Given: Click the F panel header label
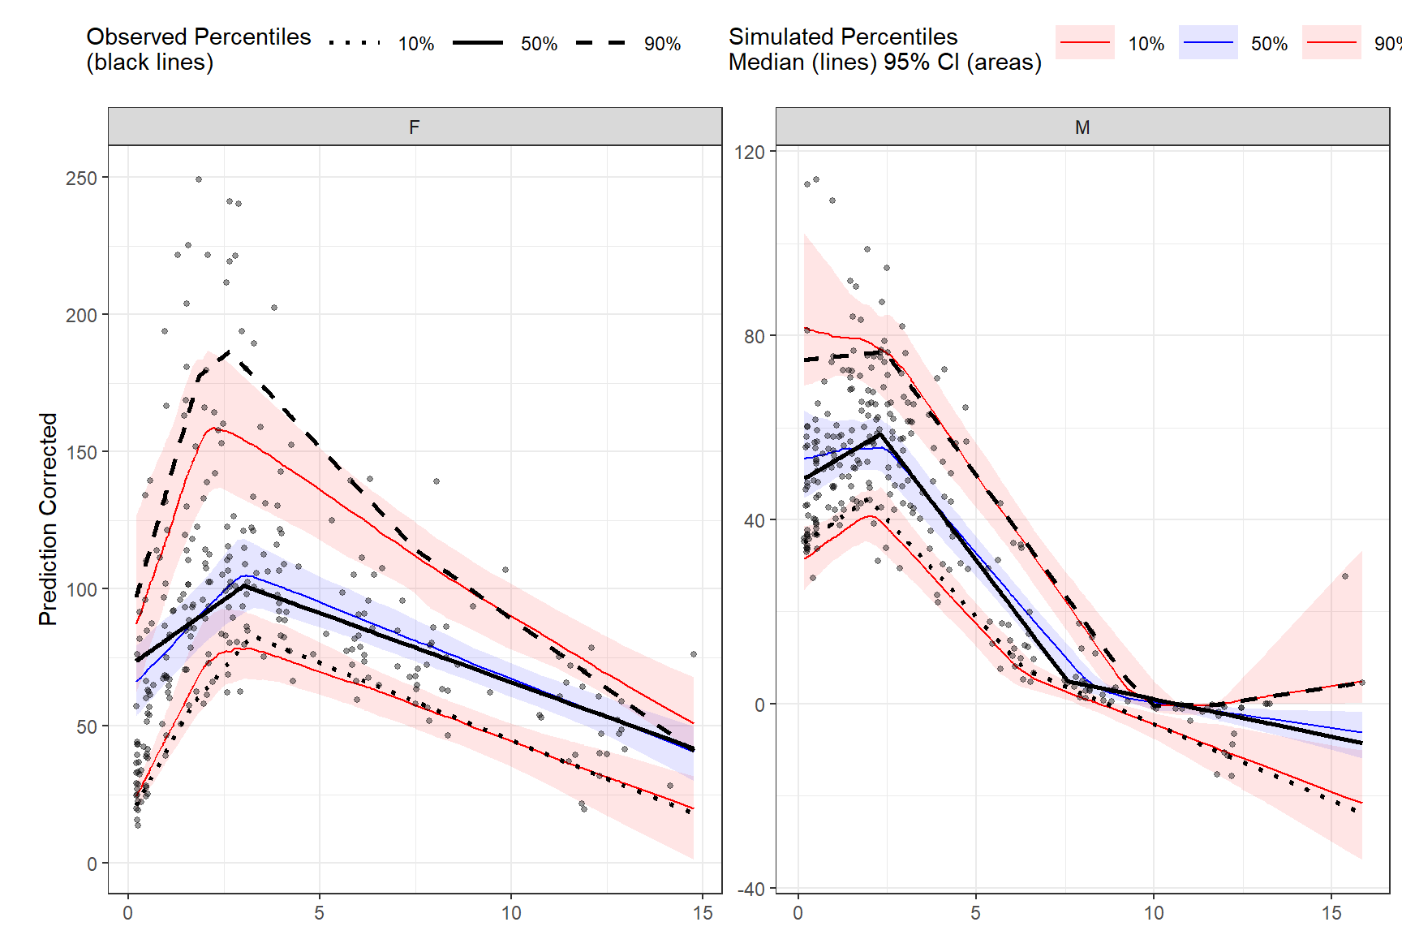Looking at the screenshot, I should click(x=415, y=127).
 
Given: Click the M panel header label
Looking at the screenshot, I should click(x=1082, y=127).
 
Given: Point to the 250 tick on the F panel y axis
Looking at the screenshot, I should click(x=81, y=178).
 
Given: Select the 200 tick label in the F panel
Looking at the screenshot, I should click(x=81, y=315).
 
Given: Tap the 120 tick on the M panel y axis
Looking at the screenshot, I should click(x=749, y=152).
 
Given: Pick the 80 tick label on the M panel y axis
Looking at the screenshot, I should click(x=754, y=336).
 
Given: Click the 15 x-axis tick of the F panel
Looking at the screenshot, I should click(x=703, y=913).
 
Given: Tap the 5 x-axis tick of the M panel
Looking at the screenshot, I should click(x=976, y=913).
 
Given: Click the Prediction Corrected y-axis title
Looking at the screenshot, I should click(x=48, y=519).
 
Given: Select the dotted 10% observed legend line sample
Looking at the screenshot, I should click(x=355, y=43).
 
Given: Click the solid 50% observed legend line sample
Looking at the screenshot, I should click(x=478, y=43).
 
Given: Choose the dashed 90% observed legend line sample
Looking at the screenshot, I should click(x=601, y=43).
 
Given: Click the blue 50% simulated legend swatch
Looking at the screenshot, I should click(x=1208, y=42).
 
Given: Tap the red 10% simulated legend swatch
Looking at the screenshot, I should click(x=1085, y=42).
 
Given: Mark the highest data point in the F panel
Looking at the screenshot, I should click(x=199, y=179).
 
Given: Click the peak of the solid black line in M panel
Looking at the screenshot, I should click(x=879, y=433).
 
